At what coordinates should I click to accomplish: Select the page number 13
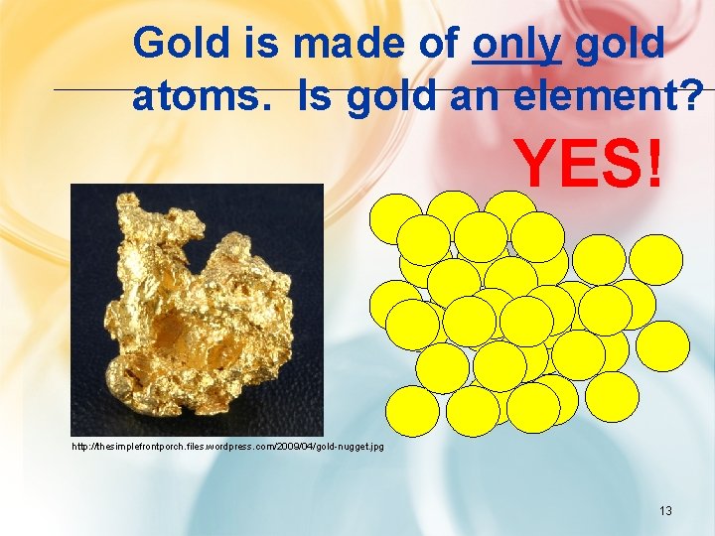click(x=665, y=511)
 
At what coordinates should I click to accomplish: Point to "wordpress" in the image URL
click(x=227, y=447)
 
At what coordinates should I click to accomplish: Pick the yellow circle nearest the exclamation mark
click(x=655, y=258)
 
